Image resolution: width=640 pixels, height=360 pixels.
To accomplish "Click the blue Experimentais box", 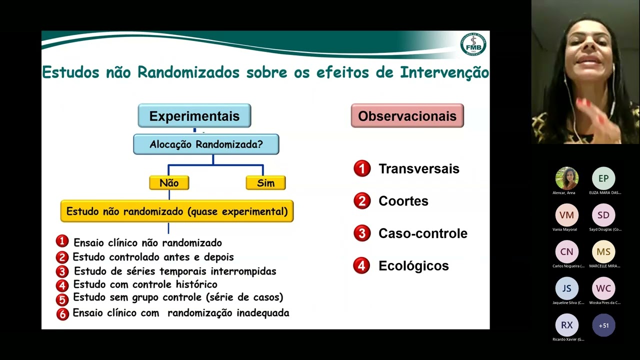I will point(194,116).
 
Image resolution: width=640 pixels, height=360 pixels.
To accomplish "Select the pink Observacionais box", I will point(407,116).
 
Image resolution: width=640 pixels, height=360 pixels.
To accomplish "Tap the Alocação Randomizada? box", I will point(206,144).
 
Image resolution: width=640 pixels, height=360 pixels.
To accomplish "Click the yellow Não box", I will point(169,183).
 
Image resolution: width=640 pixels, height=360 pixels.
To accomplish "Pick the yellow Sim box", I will point(265,183).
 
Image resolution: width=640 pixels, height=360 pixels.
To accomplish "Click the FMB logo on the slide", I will point(472,45).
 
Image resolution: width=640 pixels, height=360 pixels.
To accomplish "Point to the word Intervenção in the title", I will point(444,72).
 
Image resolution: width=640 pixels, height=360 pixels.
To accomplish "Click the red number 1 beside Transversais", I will point(362,168).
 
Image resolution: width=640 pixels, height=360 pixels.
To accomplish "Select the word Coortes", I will point(403,201).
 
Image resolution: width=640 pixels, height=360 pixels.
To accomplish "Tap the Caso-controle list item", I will point(422,233).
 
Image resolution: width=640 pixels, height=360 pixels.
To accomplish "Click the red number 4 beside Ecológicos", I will point(362,265).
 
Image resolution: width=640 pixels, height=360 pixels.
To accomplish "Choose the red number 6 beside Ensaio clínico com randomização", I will point(62,314).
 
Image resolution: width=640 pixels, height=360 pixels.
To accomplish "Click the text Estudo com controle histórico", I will point(145,284).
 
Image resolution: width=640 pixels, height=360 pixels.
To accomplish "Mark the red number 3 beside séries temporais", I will point(62,271).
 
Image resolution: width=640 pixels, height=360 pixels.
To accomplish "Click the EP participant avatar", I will point(603,178).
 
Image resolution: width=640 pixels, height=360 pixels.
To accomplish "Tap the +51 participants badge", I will point(603,325).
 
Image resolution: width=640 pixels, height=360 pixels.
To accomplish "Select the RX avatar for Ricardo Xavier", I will point(566,325).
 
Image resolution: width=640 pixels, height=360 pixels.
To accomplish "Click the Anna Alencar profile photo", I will point(566,178).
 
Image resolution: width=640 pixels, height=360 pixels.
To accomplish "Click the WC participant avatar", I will point(603,288).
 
